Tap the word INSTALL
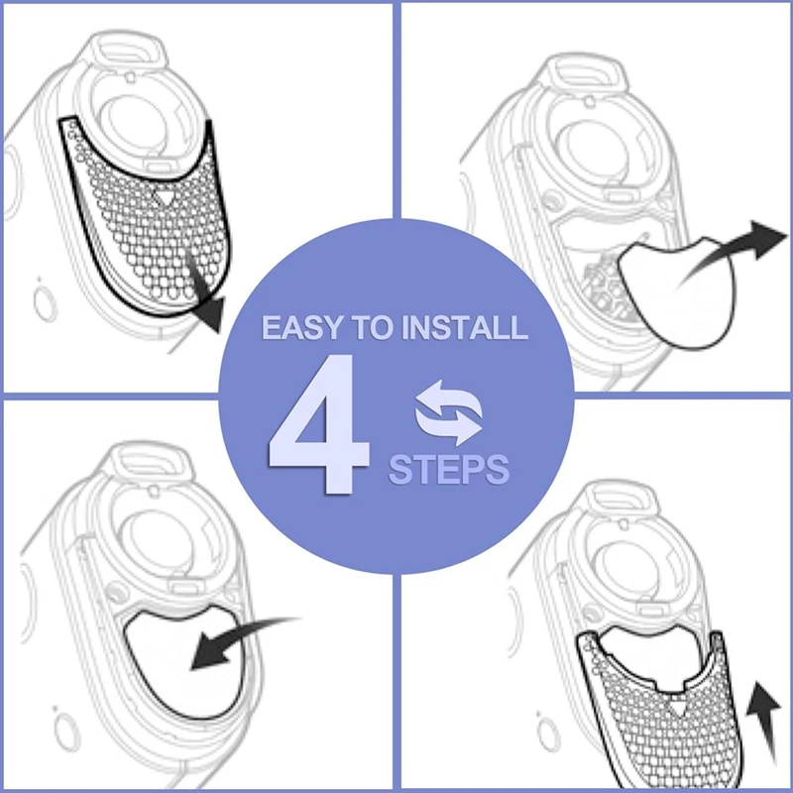466,328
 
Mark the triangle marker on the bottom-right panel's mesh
677,710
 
